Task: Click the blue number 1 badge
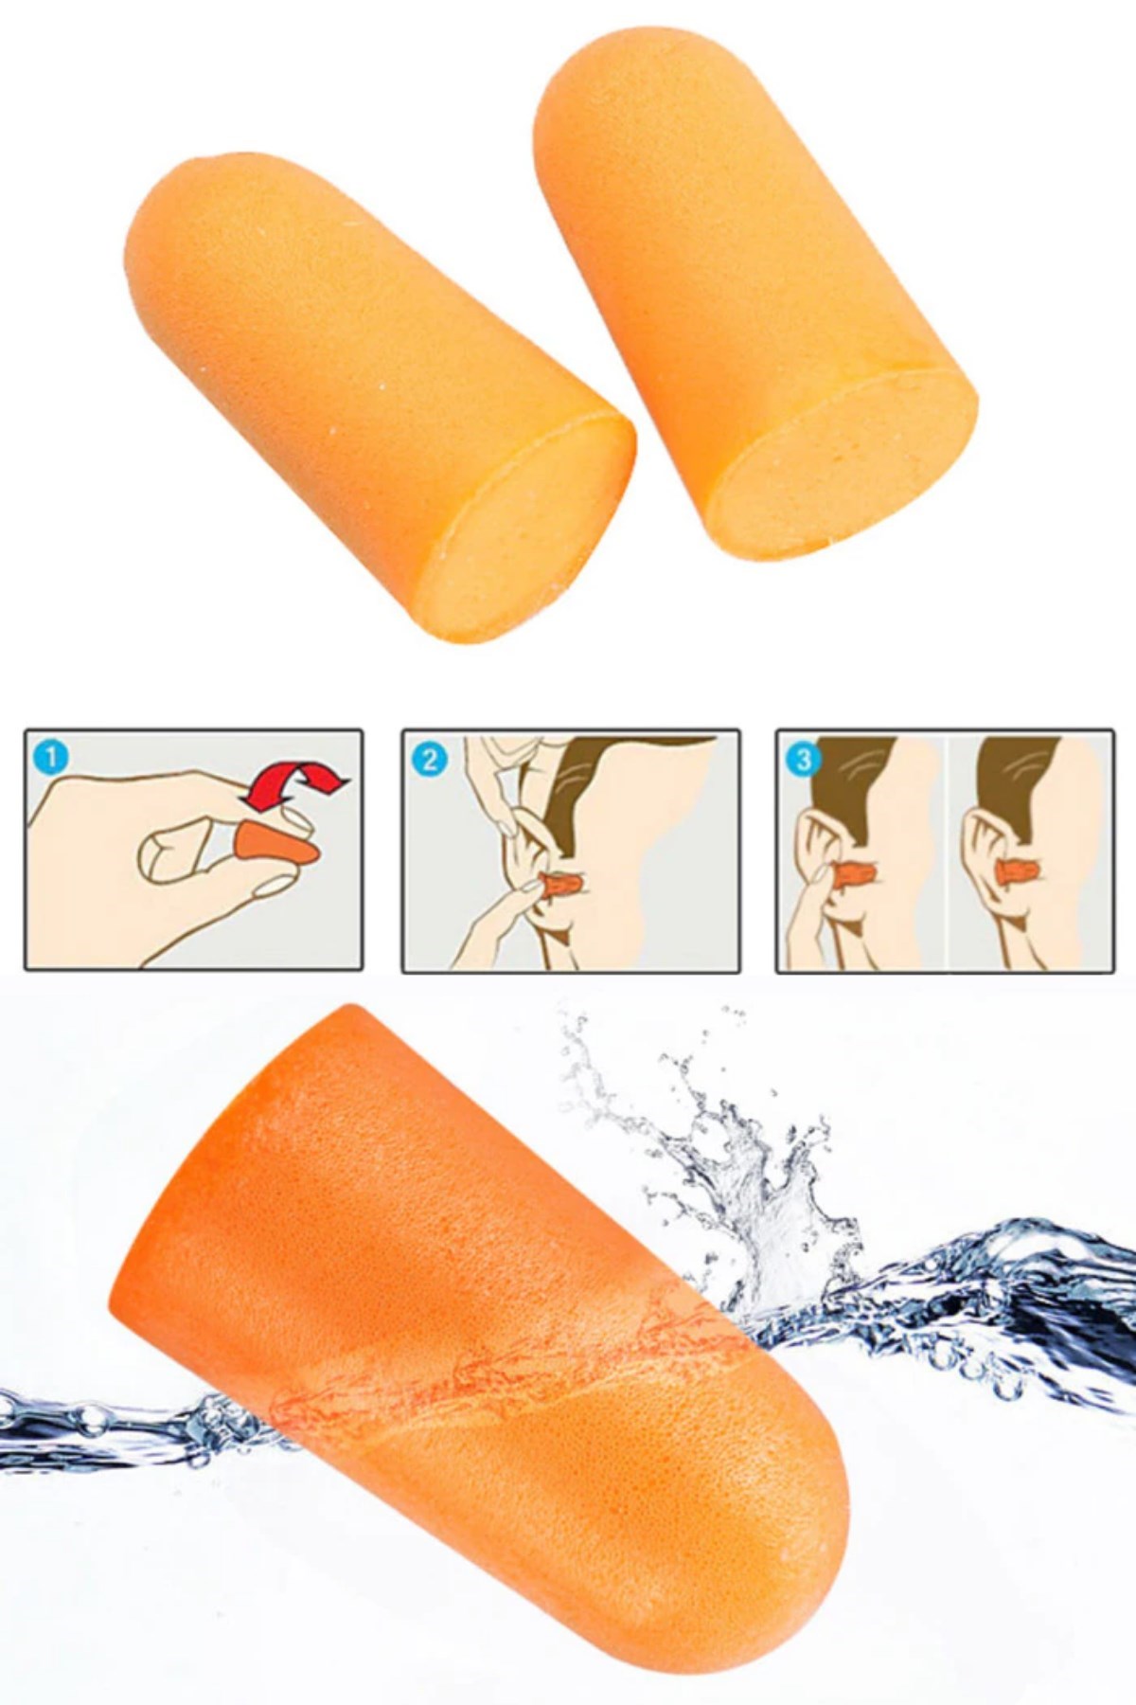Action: click(x=50, y=757)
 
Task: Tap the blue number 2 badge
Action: click(x=430, y=759)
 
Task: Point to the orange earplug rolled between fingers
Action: click(x=275, y=843)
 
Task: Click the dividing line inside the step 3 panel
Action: click(x=948, y=851)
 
